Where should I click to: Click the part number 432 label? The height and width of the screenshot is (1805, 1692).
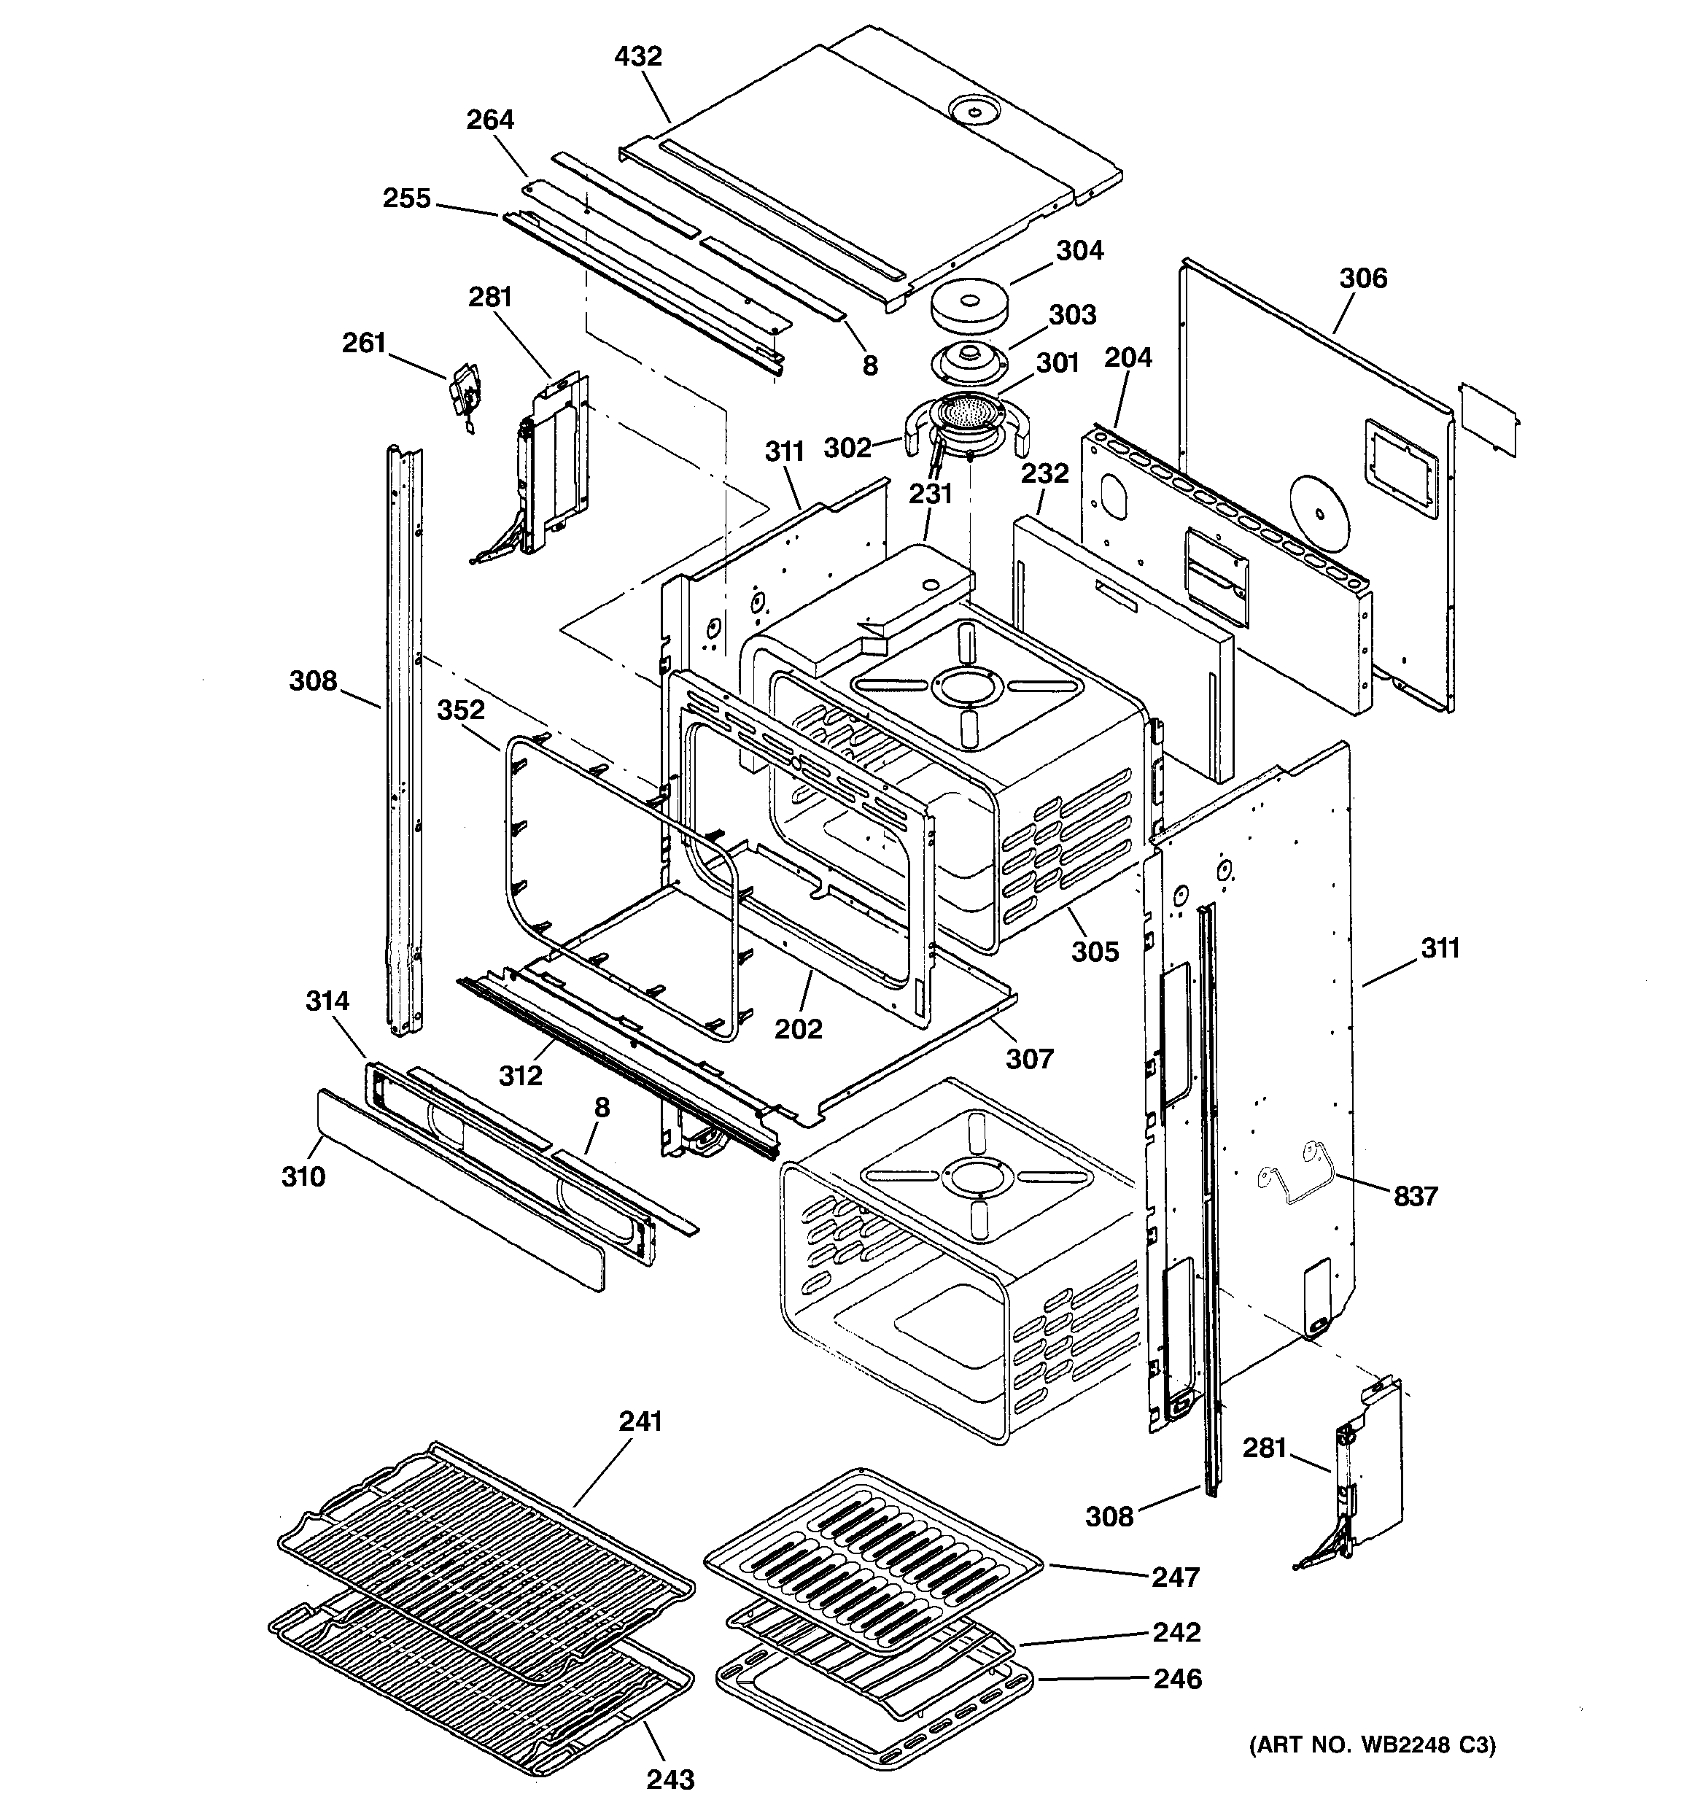point(637,56)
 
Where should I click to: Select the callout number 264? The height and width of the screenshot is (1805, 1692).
point(490,120)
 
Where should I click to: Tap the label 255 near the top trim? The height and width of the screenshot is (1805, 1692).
point(406,198)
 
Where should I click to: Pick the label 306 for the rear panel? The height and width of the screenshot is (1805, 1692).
point(1362,278)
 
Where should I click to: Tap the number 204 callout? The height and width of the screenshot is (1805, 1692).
point(1128,358)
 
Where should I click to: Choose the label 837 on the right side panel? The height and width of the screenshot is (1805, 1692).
point(1416,1196)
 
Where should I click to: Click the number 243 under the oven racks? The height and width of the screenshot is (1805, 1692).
point(670,1779)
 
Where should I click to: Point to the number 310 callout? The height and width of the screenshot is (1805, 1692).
point(303,1176)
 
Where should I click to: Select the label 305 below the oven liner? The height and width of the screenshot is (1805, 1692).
point(1095,952)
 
